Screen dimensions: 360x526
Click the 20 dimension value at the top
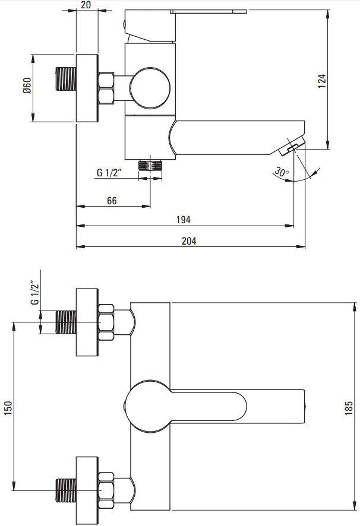86,5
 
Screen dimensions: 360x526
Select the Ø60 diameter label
27,85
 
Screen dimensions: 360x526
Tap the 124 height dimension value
322,81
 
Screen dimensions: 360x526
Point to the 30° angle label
282,172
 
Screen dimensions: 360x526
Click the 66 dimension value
112,201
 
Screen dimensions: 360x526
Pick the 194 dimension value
184,220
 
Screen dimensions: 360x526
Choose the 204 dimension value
189,241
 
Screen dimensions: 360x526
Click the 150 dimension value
8,408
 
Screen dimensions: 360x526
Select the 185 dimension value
349,408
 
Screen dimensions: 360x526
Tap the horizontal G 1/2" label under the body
109,172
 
